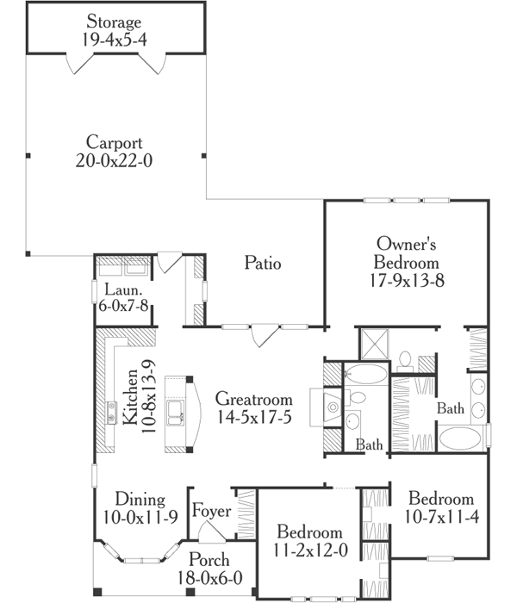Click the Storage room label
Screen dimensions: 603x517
coord(115,20)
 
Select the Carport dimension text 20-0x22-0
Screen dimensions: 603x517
coord(115,159)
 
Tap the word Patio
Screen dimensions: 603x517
coord(262,264)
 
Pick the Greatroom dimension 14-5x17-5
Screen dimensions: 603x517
coord(254,417)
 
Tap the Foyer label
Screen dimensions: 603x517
coord(211,512)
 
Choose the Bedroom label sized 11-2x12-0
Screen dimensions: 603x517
coord(308,532)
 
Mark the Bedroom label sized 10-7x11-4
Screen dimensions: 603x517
coord(440,499)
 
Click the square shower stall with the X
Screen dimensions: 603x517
coord(374,344)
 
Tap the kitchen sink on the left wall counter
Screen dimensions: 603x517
coord(111,413)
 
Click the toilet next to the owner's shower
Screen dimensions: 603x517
coord(406,358)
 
